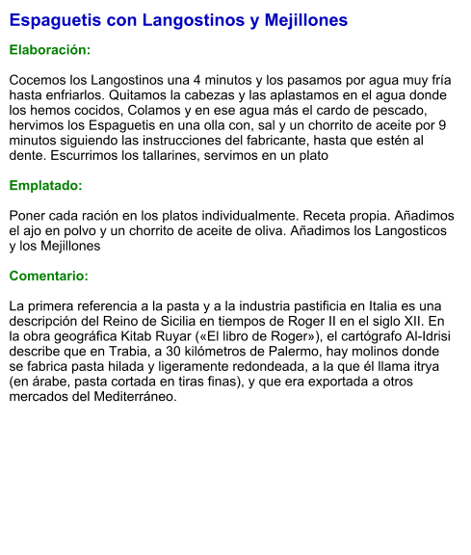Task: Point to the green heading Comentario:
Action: [x=49, y=277]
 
